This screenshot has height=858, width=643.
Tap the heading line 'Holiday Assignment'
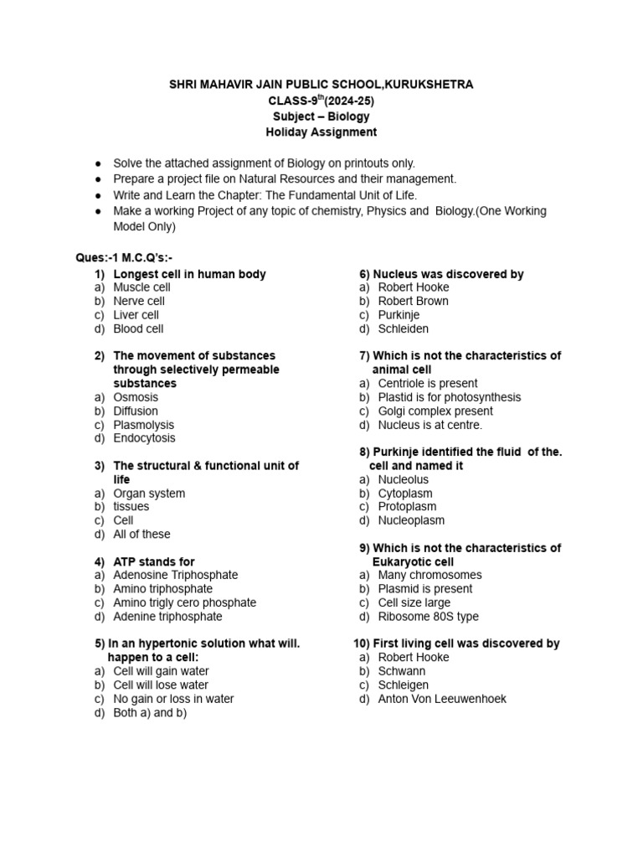(321, 132)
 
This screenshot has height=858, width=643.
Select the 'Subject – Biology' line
(321, 116)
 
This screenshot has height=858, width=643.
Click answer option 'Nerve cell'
(139, 301)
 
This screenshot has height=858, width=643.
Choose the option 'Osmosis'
(136, 397)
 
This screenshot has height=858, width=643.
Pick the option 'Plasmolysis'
(144, 425)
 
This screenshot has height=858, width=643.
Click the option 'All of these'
(141, 534)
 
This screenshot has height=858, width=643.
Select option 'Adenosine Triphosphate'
(176, 575)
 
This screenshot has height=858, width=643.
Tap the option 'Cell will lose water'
(161, 685)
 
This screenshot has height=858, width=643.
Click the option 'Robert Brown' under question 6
(413, 301)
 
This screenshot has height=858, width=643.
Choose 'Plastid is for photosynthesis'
(449, 397)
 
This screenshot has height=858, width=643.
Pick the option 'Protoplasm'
(407, 506)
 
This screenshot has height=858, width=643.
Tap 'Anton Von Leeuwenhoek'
(442, 698)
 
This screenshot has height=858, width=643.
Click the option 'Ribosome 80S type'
(428, 616)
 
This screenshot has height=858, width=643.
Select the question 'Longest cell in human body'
(189, 274)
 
